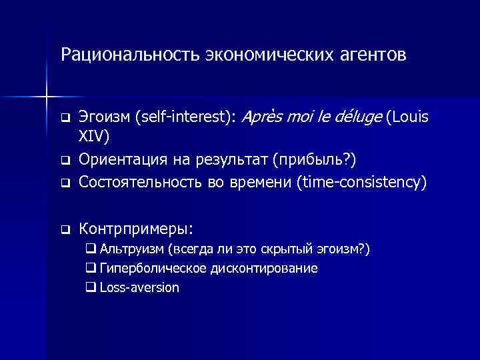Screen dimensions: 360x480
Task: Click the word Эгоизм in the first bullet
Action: click(104, 118)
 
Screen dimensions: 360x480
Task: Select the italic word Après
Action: click(263, 118)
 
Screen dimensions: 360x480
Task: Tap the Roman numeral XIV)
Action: click(95, 137)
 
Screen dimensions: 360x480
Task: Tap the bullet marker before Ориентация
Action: click(65, 161)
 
